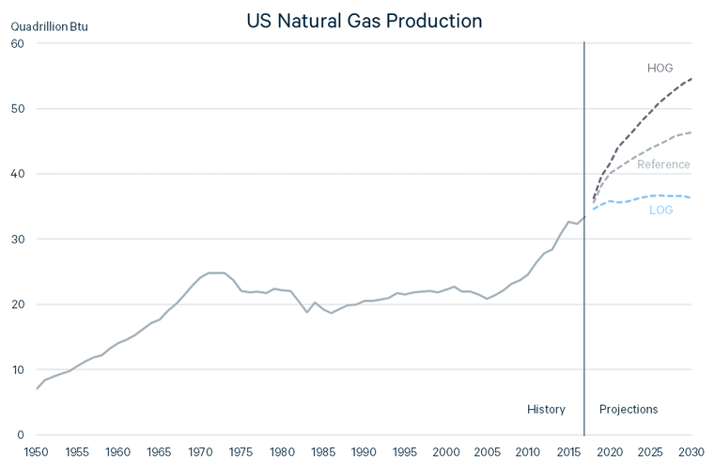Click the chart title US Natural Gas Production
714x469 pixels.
(x=365, y=20)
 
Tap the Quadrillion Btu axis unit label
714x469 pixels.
(x=49, y=26)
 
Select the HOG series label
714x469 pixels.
(x=660, y=68)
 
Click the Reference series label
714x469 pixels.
(x=663, y=164)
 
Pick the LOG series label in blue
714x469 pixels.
(x=660, y=210)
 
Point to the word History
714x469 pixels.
(x=546, y=409)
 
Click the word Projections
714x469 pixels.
(x=629, y=409)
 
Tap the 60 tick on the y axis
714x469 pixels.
(x=17, y=43)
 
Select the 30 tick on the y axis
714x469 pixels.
(x=17, y=239)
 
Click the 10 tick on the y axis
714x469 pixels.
(x=17, y=369)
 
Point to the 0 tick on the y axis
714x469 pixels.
(x=20, y=434)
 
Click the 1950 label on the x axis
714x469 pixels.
(x=37, y=452)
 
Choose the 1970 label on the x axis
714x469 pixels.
(x=200, y=452)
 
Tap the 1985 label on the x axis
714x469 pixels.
(x=323, y=452)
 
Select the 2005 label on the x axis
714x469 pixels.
(x=487, y=452)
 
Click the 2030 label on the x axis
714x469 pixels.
(x=691, y=452)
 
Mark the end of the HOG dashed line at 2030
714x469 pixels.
(x=691, y=79)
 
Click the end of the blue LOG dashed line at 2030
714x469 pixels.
(x=691, y=197)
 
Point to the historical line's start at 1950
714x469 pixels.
(x=37, y=388)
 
